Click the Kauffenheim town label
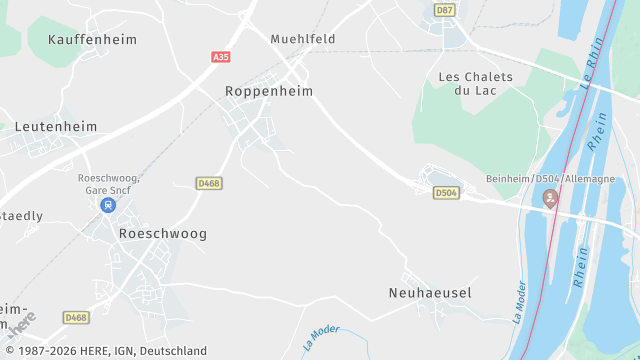point(92,39)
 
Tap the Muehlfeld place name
point(302,39)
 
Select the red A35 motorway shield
point(221,58)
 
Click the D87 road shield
point(445,10)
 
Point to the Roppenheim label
point(269,91)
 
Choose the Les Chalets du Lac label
point(475,84)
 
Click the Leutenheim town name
point(57,127)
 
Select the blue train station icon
point(108,204)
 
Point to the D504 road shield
point(446,192)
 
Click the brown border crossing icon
point(550,198)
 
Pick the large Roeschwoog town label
point(162,233)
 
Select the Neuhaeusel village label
point(429,293)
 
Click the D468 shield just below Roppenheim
point(209,183)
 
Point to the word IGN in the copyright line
point(109,351)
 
